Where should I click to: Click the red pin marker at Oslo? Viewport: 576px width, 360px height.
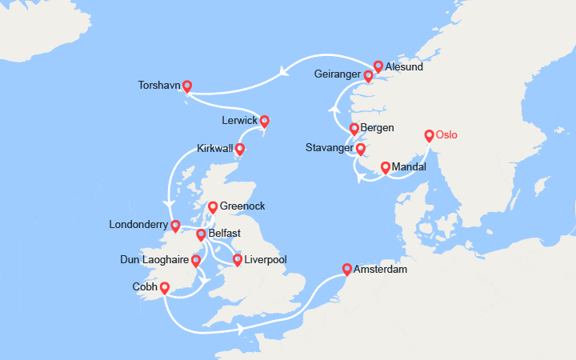(429, 135)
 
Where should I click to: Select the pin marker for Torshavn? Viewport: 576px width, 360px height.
(186, 86)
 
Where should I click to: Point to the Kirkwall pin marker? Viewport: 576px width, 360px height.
(238, 149)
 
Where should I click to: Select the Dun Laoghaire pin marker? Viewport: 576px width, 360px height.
(196, 261)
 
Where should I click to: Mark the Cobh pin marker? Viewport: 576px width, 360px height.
(164, 288)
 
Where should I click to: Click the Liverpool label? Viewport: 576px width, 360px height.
(266, 260)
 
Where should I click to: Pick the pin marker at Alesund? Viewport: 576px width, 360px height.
(378, 66)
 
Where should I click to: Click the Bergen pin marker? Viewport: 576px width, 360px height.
(354, 128)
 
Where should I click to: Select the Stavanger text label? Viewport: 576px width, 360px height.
(329, 148)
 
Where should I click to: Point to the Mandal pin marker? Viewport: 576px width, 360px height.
(386, 168)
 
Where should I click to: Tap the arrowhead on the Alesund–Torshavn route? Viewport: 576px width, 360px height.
(284, 72)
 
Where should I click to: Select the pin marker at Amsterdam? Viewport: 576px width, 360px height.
(346, 270)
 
